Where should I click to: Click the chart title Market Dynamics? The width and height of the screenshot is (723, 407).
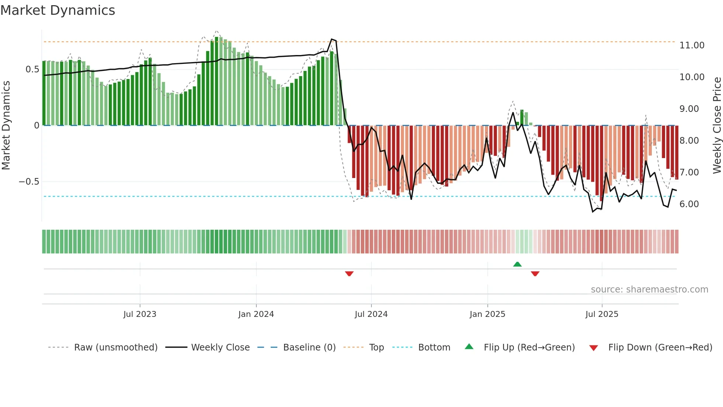click(x=58, y=10)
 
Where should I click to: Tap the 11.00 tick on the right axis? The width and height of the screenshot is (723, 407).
click(x=692, y=45)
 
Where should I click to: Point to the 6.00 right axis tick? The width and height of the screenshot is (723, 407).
click(x=689, y=204)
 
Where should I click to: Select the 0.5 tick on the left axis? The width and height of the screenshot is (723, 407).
click(x=32, y=69)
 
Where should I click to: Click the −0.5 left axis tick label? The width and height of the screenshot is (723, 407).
click(x=29, y=182)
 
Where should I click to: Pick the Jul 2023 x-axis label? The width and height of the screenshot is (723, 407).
click(x=140, y=314)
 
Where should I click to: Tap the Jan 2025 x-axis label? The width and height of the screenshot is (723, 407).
click(x=487, y=314)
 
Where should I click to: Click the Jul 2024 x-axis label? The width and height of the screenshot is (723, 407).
click(x=371, y=314)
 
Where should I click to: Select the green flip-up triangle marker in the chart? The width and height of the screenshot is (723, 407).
click(x=517, y=264)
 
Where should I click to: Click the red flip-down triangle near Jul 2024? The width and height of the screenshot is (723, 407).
click(x=349, y=274)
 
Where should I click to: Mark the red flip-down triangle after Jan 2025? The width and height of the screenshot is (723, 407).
click(x=535, y=274)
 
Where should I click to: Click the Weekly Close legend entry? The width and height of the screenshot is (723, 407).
click(x=220, y=348)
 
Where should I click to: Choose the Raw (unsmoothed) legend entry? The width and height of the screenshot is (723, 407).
click(x=115, y=348)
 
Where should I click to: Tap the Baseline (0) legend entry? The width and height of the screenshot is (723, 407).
click(x=309, y=348)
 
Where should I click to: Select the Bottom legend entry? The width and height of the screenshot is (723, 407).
click(x=434, y=348)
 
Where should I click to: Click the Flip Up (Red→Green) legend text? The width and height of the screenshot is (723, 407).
click(x=529, y=348)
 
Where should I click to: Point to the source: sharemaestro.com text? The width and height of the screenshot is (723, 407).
click(x=649, y=290)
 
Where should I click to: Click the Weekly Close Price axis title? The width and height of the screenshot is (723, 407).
click(x=717, y=126)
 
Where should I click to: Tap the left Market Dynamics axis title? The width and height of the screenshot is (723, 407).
click(x=6, y=126)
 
